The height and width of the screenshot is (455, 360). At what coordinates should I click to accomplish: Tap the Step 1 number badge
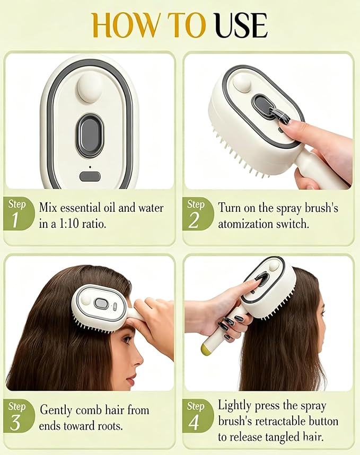click(x=18, y=214)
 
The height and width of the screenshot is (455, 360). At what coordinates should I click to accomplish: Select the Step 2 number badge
click(x=197, y=214)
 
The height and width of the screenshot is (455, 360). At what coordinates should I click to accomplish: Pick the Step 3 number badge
click(x=18, y=416)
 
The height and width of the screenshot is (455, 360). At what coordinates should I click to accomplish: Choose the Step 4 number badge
click(x=197, y=416)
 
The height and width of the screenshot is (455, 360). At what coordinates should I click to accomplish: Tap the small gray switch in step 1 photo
click(x=90, y=176)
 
